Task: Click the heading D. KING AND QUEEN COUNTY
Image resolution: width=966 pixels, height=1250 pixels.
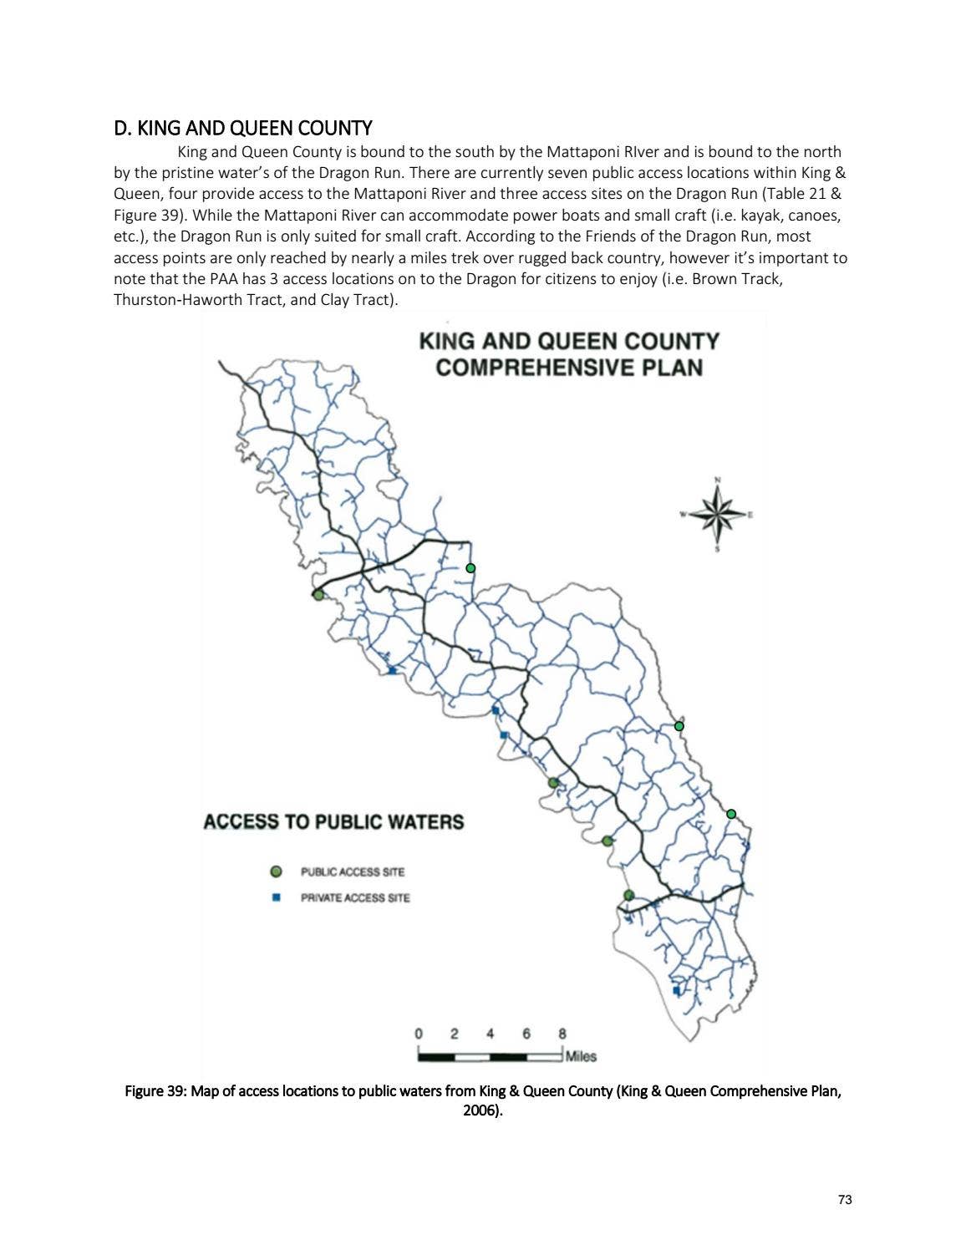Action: point(242,128)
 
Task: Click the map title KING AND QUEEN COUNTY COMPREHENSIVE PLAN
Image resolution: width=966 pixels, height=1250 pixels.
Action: point(568,354)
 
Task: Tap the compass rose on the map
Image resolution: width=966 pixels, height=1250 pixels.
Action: point(717,513)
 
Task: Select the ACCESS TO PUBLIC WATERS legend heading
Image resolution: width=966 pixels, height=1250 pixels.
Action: point(333,822)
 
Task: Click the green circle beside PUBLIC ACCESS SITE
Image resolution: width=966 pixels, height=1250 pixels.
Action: point(276,872)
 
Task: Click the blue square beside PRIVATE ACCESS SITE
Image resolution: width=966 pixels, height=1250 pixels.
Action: point(276,898)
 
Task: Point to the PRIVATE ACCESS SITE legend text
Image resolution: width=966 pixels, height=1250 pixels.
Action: point(355,898)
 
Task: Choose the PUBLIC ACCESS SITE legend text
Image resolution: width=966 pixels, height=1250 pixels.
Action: point(353,872)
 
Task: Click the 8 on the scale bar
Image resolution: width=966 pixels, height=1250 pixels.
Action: point(562,1034)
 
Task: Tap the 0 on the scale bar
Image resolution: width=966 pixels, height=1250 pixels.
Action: point(419,1034)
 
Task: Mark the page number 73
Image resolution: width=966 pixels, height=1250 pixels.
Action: point(844,1200)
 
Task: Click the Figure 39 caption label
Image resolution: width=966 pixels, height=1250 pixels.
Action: point(155,1091)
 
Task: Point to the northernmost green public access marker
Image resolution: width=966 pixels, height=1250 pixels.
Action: point(470,568)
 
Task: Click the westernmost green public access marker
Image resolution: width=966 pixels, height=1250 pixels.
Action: point(318,595)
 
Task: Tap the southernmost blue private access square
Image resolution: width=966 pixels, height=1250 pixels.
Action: point(676,991)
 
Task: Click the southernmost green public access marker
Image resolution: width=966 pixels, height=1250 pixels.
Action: point(628,896)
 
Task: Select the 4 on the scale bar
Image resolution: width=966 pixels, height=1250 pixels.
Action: point(491,1034)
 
